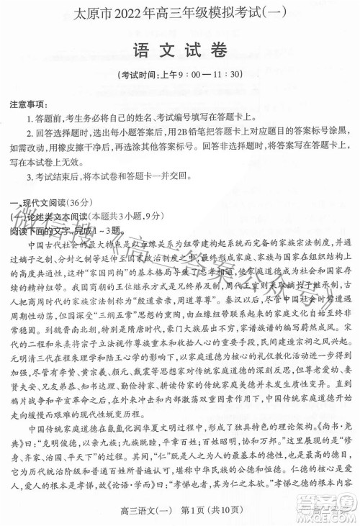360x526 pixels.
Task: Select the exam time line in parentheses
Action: pos(180,74)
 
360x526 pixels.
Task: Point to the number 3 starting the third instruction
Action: pos(27,178)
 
